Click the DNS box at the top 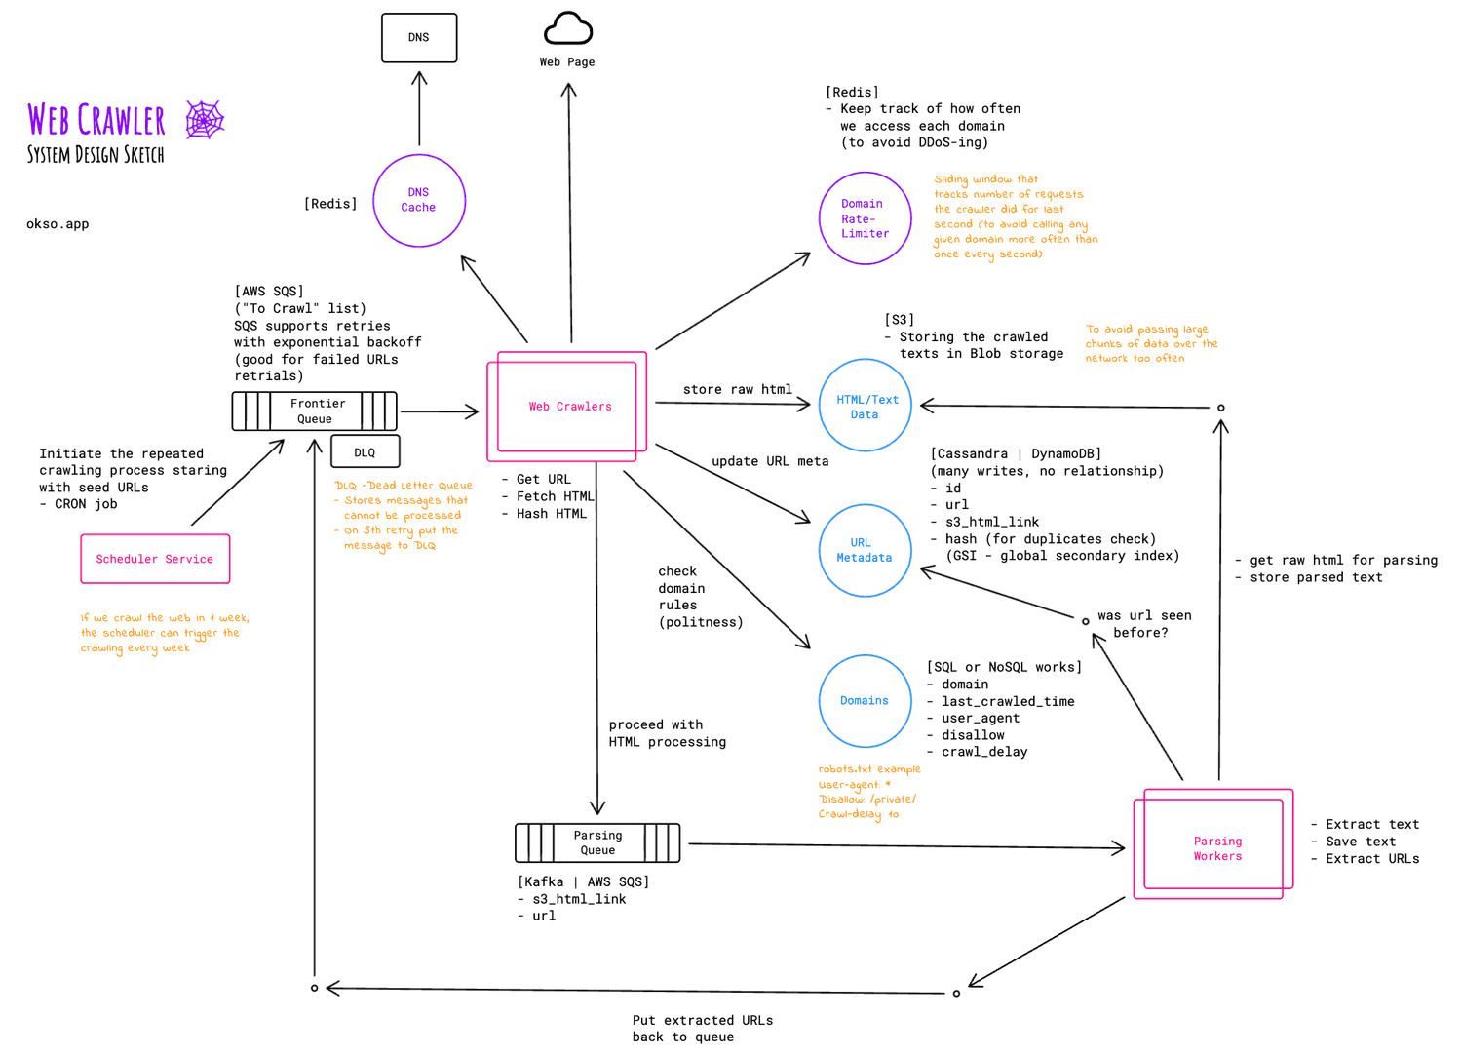pos(418,38)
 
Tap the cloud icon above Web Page pos(568,29)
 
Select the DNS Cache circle pos(419,200)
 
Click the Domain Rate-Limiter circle pos(865,218)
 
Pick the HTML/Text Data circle pos(865,407)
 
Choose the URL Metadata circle pos(865,550)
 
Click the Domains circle pos(865,700)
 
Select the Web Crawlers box pos(568,407)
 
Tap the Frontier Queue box pos(314,411)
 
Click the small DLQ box pos(365,452)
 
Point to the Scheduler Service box pos(155,559)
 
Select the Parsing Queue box pos(597,842)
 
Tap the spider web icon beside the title pos(205,120)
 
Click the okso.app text pos(58,224)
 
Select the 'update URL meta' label pos(770,461)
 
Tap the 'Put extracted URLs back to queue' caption pos(702,1029)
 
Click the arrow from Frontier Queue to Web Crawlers pos(439,411)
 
